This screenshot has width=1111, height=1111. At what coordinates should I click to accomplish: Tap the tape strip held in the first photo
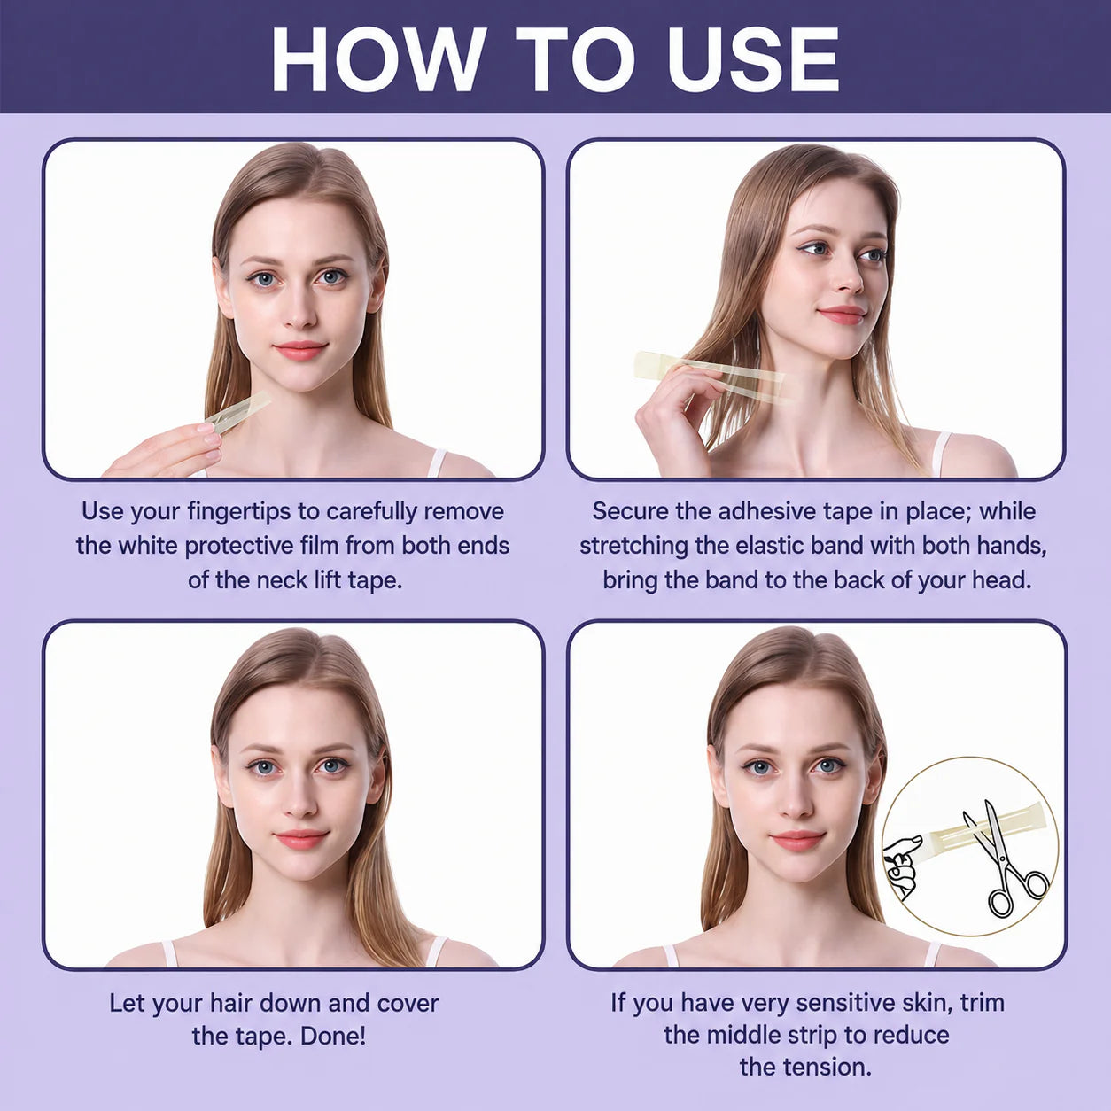pos(238,412)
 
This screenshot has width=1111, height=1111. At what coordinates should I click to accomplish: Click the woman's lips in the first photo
pos(300,349)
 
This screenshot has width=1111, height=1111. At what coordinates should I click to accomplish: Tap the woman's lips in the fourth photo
pos(797,839)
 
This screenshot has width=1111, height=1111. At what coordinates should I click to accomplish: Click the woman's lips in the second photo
pos(841,315)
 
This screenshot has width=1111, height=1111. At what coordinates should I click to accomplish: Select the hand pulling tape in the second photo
pos(678,412)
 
